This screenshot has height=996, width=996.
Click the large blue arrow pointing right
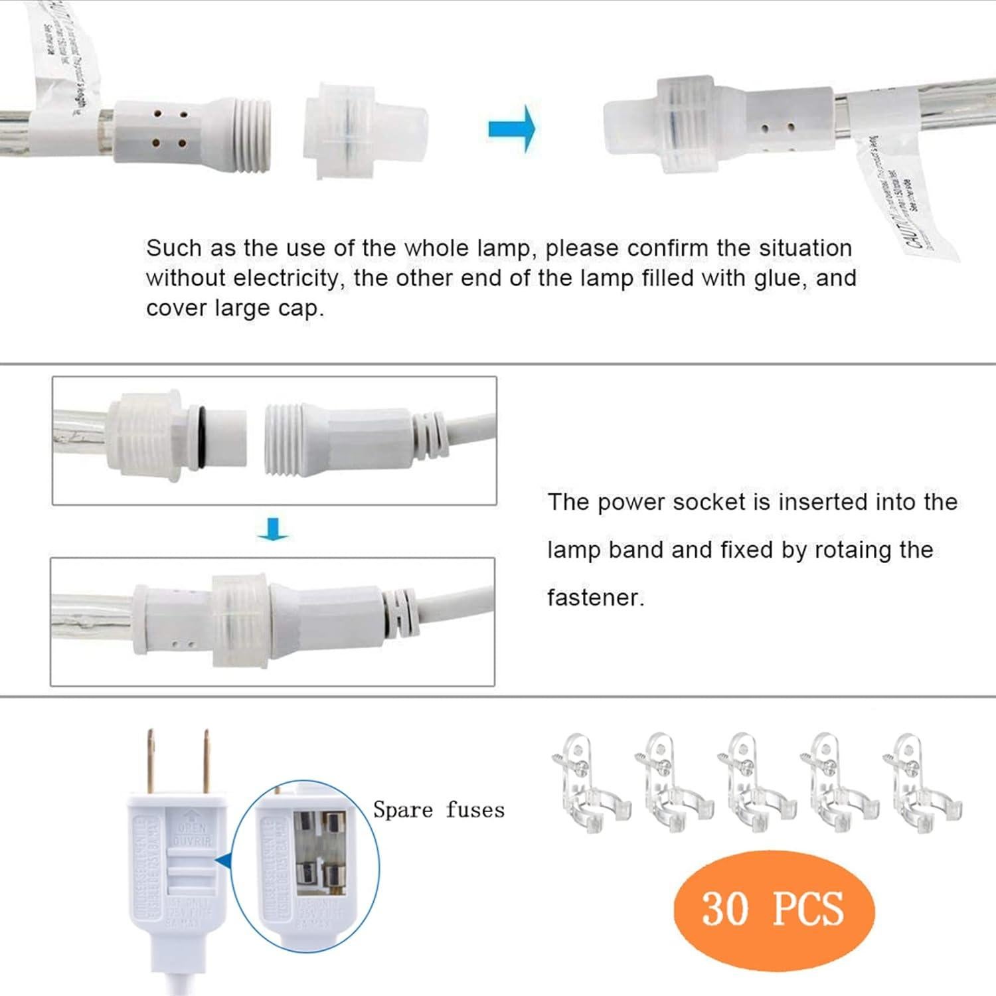(512, 128)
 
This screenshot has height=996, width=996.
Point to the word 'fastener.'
(596, 598)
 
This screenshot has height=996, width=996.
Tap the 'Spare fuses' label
(438, 809)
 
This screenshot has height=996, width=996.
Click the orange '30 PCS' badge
(774, 908)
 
